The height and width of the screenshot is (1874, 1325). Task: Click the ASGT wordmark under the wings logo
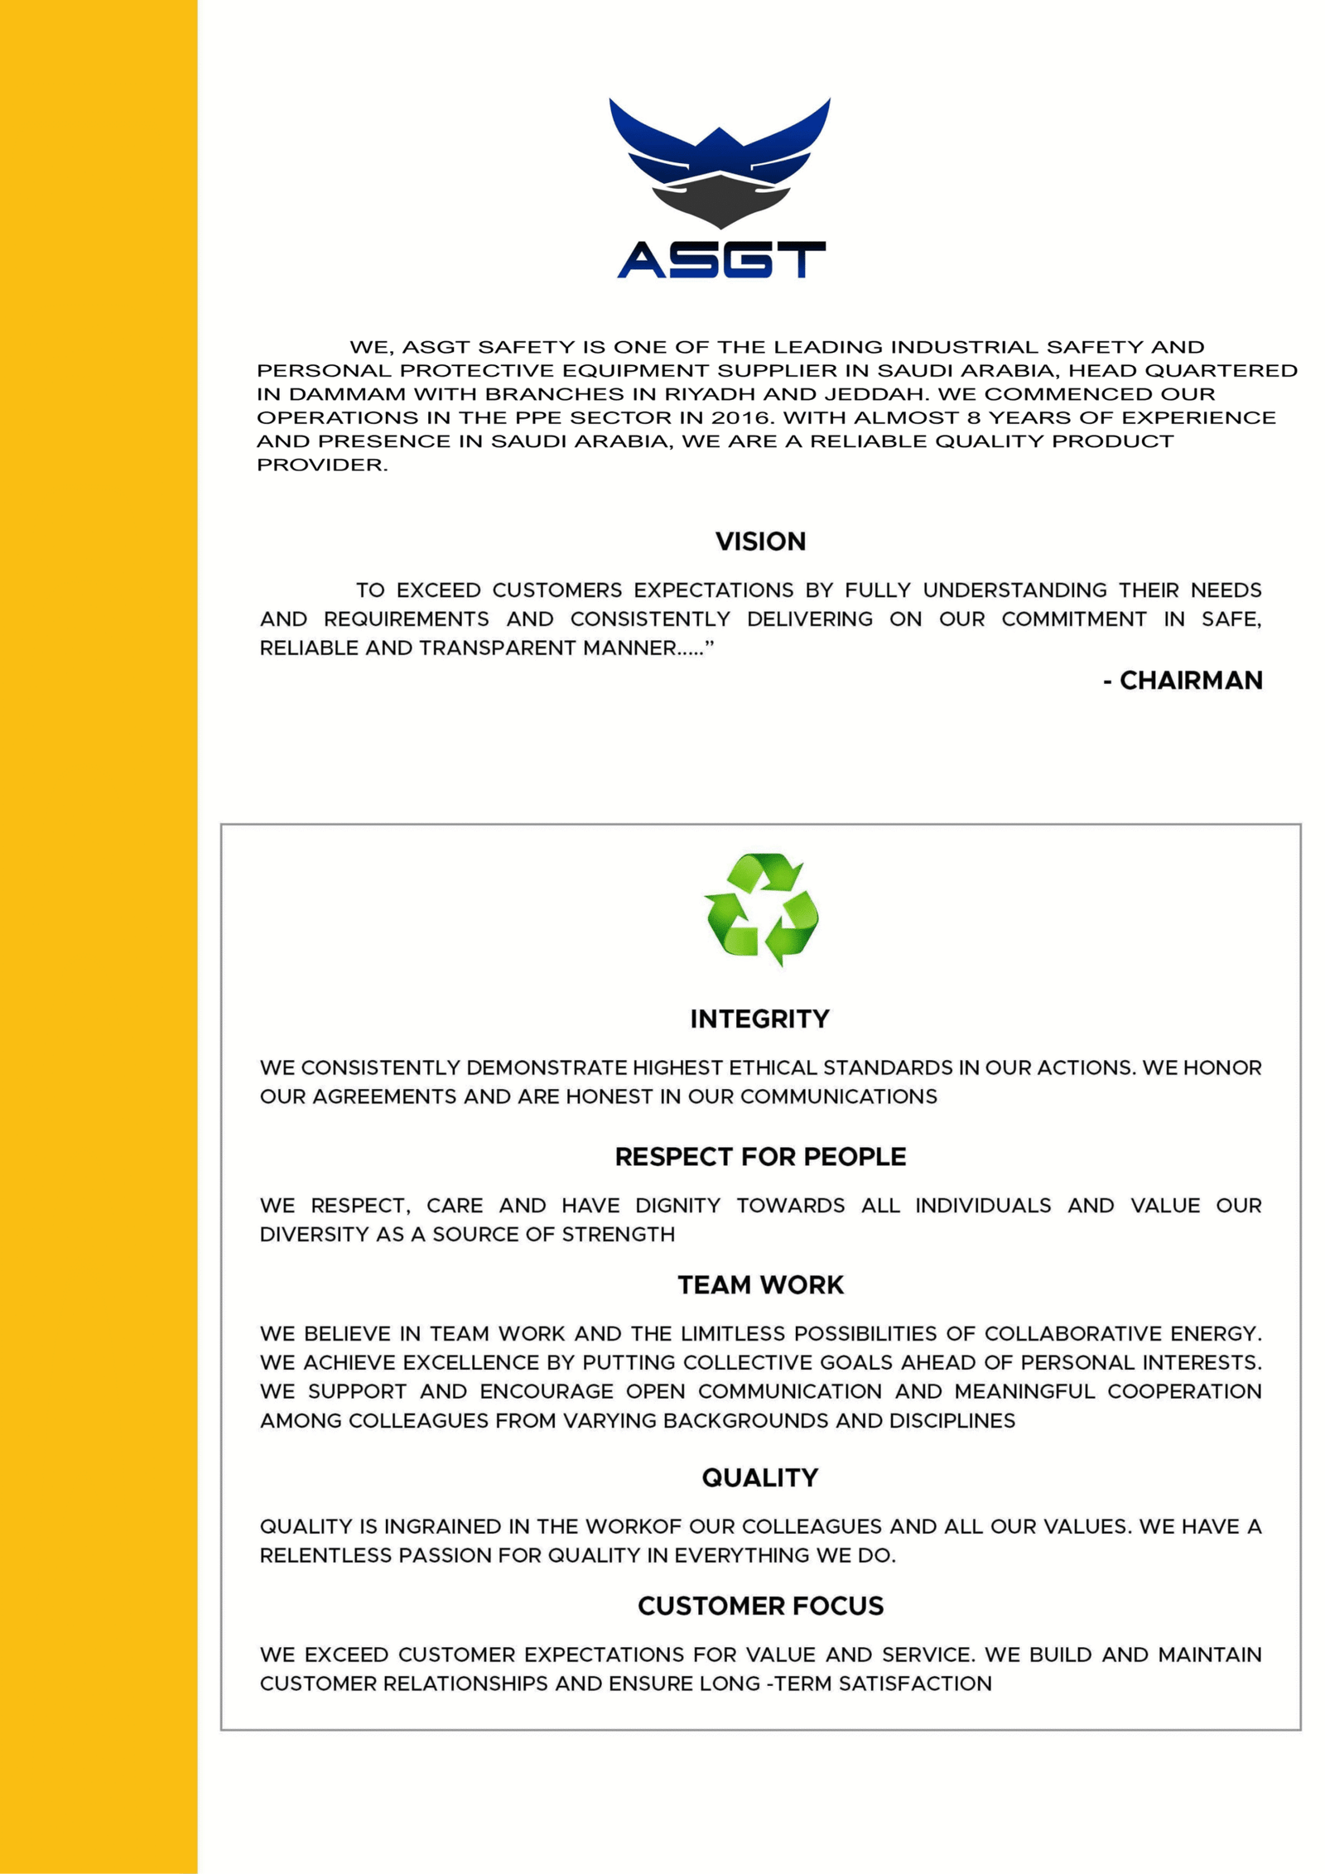pos(720,259)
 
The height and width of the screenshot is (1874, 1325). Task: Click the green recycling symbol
pos(760,908)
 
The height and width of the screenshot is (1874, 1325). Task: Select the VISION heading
pos(760,542)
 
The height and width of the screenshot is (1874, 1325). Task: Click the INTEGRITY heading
pos(759,1019)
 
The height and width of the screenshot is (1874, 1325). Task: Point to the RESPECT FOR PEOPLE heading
pos(760,1157)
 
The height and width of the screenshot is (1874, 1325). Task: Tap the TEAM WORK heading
pos(760,1285)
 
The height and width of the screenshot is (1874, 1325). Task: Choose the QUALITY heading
pos(759,1478)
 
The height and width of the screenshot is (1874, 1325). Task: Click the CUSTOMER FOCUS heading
pos(760,1607)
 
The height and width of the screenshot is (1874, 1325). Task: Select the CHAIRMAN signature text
pos(1190,681)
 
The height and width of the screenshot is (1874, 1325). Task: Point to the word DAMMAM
pos(347,394)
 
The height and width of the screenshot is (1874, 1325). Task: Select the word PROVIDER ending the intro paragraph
pos(321,465)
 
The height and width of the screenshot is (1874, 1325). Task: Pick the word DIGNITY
pos(677,1206)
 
